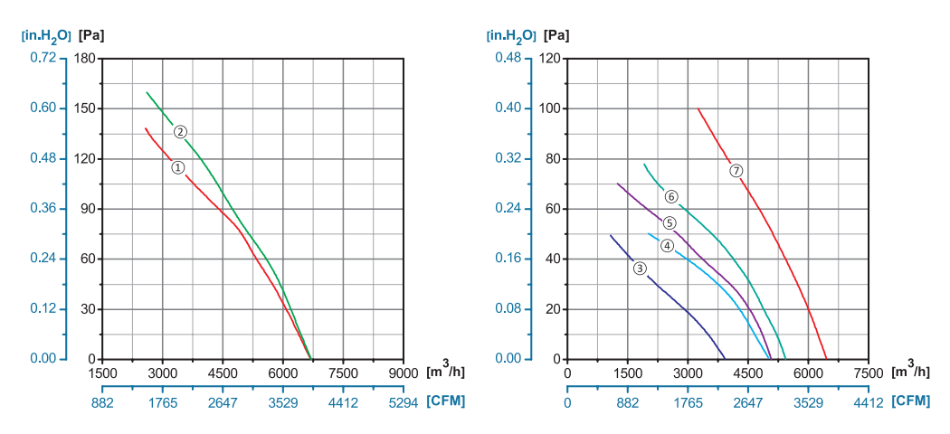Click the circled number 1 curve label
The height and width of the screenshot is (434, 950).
click(x=178, y=167)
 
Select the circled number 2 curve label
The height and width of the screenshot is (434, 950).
click(x=181, y=132)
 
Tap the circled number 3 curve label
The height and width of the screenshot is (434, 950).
click(x=640, y=268)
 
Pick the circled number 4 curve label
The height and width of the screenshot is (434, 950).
click(x=667, y=245)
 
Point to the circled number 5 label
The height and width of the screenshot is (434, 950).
click(x=670, y=223)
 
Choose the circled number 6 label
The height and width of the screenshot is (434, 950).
click(x=671, y=196)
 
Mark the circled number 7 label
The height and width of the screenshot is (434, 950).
click(x=736, y=170)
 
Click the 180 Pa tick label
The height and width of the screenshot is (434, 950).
click(x=85, y=58)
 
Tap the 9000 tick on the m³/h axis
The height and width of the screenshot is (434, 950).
click(x=404, y=373)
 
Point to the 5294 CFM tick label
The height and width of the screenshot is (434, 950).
click(x=404, y=402)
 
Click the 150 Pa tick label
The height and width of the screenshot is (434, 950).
click(x=85, y=108)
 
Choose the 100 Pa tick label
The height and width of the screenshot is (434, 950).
click(x=550, y=108)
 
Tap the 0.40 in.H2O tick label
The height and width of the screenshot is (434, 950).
click(x=509, y=108)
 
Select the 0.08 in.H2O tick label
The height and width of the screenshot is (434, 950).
click(x=509, y=309)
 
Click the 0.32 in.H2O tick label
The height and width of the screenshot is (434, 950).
click(x=509, y=158)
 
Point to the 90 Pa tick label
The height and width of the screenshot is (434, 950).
click(x=88, y=209)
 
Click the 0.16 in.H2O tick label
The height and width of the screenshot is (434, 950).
click(x=509, y=259)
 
